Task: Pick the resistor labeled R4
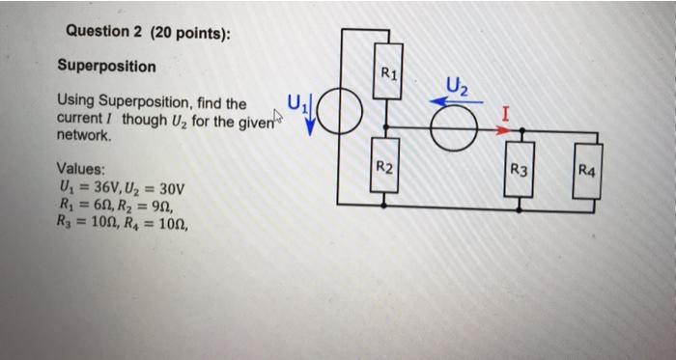587,172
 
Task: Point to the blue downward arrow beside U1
311,122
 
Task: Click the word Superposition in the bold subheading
105,66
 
